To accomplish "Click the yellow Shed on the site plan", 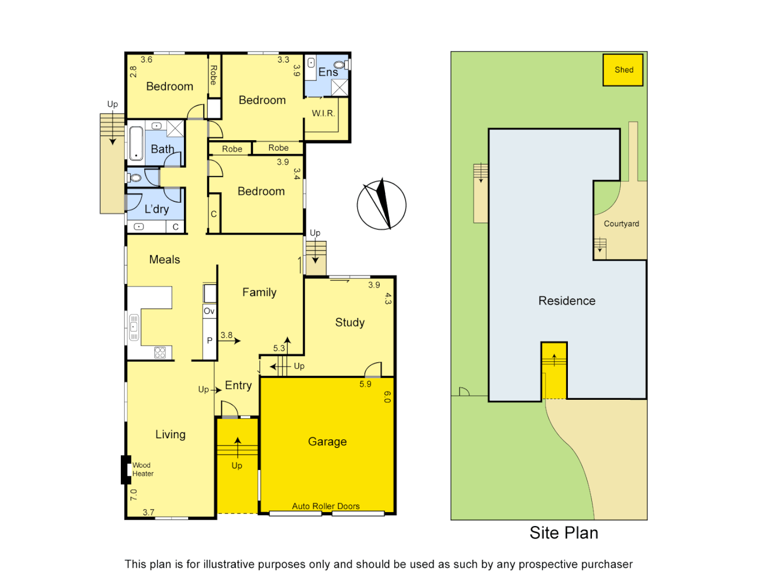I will click(623, 70).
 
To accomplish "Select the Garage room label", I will click(327, 442).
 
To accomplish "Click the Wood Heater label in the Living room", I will click(143, 469).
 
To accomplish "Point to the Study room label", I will click(350, 322).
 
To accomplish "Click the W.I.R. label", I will click(324, 113).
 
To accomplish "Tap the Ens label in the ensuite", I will click(328, 72).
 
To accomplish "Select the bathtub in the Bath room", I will click(136, 143).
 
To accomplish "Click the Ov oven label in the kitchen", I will click(209, 311).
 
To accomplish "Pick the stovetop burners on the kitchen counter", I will click(160, 352).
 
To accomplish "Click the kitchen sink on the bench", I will click(134, 327).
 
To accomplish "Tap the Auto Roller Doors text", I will click(326, 506).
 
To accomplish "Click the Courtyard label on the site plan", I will click(621, 224).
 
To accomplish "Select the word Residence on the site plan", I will click(567, 301).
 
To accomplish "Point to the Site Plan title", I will click(564, 533).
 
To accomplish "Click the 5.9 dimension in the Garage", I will click(365, 384).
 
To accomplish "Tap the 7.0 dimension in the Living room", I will click(134, 495).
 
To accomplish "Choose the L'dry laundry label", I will click(157, 209).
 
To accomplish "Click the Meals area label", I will click(165, 260).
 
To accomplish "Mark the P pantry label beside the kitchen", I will click(210, 340).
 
